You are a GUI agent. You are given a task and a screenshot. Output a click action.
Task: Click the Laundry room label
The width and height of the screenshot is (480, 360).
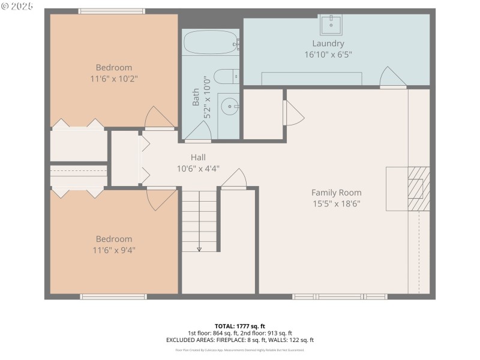(x=328, y=43)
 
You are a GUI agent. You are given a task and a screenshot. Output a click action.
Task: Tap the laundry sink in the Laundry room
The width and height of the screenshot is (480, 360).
(x=331, y=25)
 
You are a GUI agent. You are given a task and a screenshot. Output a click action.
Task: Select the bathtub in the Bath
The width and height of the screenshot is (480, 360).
(x=211, y=43)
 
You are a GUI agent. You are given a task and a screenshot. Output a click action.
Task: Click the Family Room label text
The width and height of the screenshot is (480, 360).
(x=336, y=193)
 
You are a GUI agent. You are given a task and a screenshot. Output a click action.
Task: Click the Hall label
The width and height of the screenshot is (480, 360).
(x=199, y=157)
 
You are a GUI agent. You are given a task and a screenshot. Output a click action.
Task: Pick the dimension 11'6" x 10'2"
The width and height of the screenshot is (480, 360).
(x=114, y=79)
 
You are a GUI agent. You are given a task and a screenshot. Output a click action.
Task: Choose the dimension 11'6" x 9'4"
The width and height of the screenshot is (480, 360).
(x=114, y=250)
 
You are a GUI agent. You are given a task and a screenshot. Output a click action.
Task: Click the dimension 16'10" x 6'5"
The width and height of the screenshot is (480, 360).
(x=328, y=55)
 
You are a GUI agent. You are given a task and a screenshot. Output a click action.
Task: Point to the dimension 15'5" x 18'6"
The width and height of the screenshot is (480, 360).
(x=336, y=203)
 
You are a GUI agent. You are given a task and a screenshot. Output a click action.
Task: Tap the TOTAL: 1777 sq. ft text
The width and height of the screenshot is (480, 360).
(x=240, y=326)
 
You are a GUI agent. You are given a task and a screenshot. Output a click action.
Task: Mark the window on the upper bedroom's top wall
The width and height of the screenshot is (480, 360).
(x=112, y=11)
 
